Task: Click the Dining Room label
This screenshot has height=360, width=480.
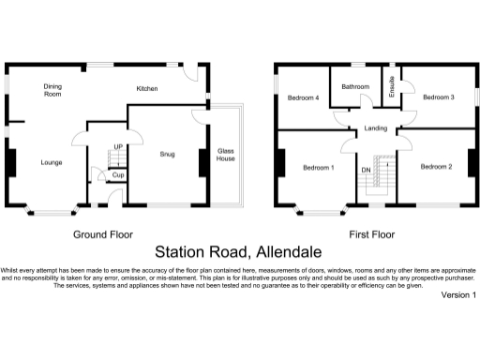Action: click(x=52, y=90)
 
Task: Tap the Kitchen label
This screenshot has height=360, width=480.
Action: click(x=147, y=89)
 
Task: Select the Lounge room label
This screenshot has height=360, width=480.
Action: click(x=52, y=162)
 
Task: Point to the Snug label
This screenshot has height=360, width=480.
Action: click(x=167, y=153)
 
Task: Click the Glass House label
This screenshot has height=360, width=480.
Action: click(x=226, y=155)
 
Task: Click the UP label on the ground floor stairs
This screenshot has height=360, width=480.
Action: click(x=118, y=147)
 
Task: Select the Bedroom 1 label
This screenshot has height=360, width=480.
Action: click(x=319, y=168)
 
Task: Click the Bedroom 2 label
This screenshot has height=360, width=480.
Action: click(x=436, y=167)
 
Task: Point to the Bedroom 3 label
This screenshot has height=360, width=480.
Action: click(x=438, y=97)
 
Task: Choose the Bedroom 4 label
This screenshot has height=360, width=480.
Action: click(x=303, y=97)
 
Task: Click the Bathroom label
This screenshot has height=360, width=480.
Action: click(x=355, y=87)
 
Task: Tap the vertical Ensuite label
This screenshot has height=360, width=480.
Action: click(x=393, y=87)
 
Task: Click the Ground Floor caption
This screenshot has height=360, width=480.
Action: click(x=103, y=234)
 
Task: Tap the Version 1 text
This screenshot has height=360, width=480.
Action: click(x=458, y=295)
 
